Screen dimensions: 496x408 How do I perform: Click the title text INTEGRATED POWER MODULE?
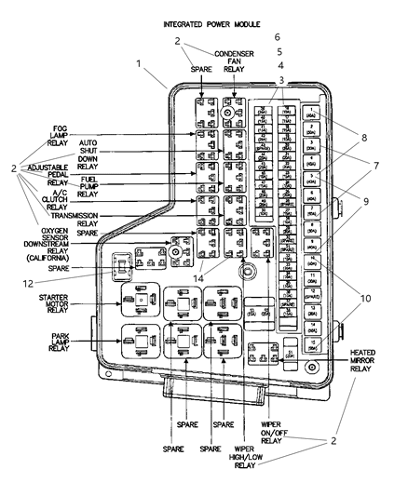(211, 23)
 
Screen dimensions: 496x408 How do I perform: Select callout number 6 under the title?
(277, 37)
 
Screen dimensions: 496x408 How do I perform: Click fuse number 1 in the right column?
(314, 114)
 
